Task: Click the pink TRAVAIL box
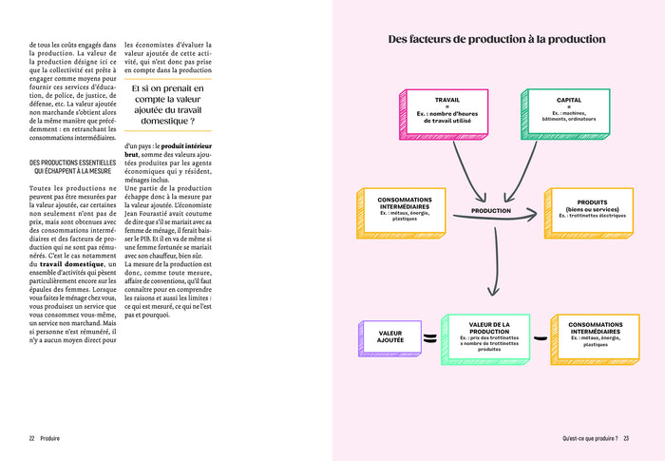pyautogui.click(x=445, y=115)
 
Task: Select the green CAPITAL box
pyautogui.click(x=567, y=115)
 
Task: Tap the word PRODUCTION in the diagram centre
pyautogui.click(x=490, y=211)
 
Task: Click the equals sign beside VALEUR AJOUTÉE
pyautogui.click(x=429, y=337)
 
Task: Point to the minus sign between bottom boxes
pyautogui.click(x=540, y=336)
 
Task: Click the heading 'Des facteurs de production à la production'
pyautogui.click(x=497, y=40)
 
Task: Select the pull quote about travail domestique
pyautogui.click(x=168, y=105)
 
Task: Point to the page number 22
pyautogui.click(x=32, y=438)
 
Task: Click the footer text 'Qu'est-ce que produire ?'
pyautogui.click(x=589, y=438)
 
